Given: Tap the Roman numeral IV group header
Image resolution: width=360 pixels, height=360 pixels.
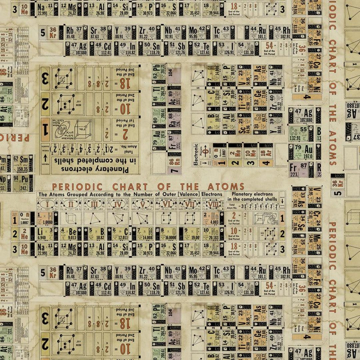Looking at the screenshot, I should (118, 204).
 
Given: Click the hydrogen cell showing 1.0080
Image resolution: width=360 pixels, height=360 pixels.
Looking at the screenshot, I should (47, 219).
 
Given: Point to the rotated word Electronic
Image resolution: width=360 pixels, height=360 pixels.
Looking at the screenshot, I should (196, 154).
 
